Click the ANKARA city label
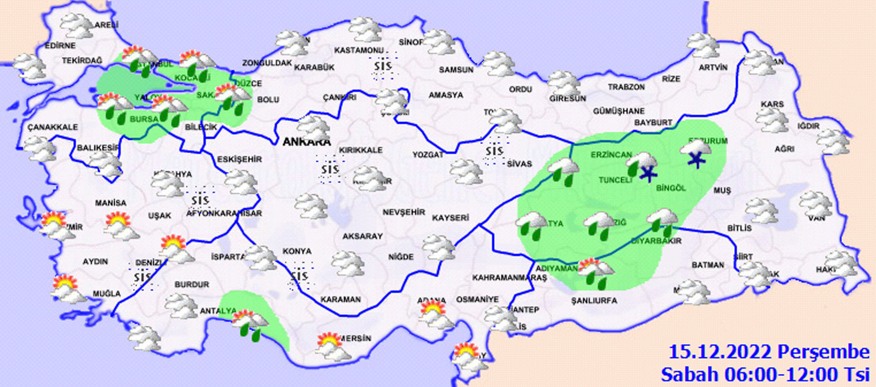(306, 142)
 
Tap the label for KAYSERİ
(450, 218)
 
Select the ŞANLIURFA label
(594, 300)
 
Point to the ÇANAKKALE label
(52, 127)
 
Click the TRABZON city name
(626, 87)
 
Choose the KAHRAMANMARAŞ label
(509, 278)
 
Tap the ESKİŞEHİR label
(239, 159)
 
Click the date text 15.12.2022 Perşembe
(769, 352)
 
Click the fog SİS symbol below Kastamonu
(383, 67)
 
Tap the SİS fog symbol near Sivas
(495, 150)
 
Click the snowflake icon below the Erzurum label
(696, 159)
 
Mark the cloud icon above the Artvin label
(703, 46)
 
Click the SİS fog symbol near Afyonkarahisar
(200, 200)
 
